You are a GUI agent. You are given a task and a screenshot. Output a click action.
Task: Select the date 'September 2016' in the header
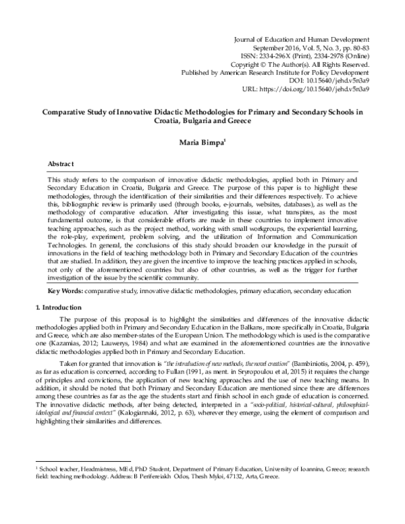[273, 50]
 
